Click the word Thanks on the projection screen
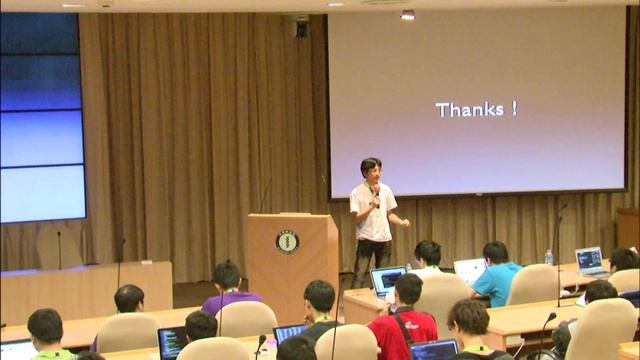click(x=469, y=109)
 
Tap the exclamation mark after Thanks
click(x=514, y=108)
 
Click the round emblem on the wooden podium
click(x=287, y=241)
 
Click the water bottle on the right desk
click(x=548, y=257)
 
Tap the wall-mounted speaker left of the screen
click(x=301, y=28)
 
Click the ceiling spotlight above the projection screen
click(x=407, y=14)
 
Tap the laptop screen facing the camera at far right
click(x=590, y=259)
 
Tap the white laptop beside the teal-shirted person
click(x=468, y=270)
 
